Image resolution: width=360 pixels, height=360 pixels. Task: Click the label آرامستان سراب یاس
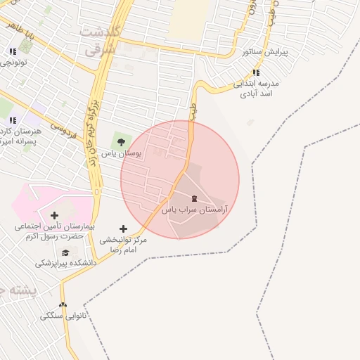(x=194, y=210)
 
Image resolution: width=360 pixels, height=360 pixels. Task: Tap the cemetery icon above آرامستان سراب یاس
(x=194, y=198)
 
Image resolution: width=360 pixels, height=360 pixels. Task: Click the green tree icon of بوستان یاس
(x=122, y=141)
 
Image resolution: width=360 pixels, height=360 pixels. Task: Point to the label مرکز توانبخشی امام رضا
(x=123, y=245)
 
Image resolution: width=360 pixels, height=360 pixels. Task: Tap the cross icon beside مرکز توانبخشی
(x=123, y=229)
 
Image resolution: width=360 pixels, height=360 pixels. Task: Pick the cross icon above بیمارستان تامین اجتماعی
(x=54, y=214)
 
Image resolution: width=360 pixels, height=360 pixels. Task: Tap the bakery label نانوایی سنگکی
(x=65, y=316)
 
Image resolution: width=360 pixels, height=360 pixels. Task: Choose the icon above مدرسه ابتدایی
(x=256, y=72)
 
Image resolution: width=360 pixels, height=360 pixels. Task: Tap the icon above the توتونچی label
(x=13, y=51)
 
